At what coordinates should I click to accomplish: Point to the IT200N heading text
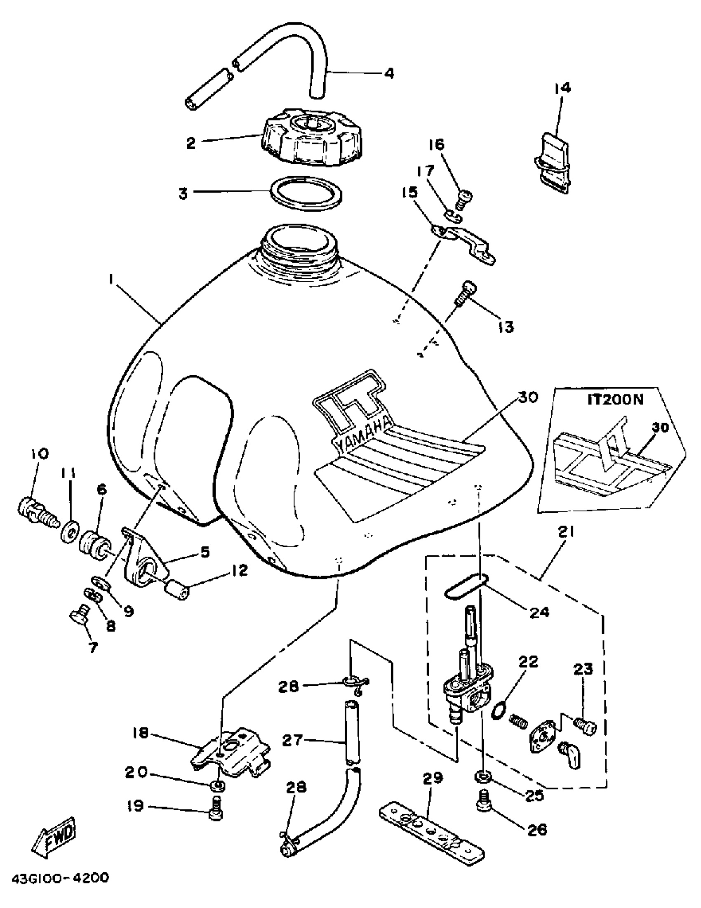[615, 400]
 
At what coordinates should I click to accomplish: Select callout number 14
[562, 88]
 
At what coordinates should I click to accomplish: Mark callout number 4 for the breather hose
[388, 73]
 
